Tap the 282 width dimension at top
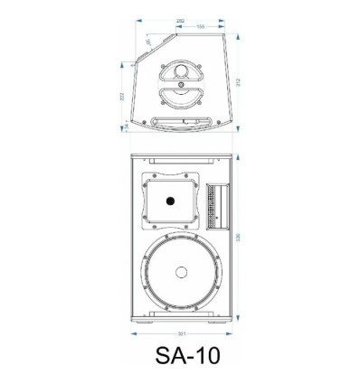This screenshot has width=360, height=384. tap(181, 19)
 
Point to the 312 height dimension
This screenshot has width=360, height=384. tap(238, 81)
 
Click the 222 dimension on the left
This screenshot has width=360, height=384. tap(122, 96)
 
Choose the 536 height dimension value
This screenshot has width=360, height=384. tap(238, 237)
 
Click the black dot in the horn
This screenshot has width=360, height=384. tap(168, 202)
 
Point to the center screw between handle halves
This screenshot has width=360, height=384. tap(182, 84)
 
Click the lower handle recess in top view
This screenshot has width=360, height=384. tap(182, 97)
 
